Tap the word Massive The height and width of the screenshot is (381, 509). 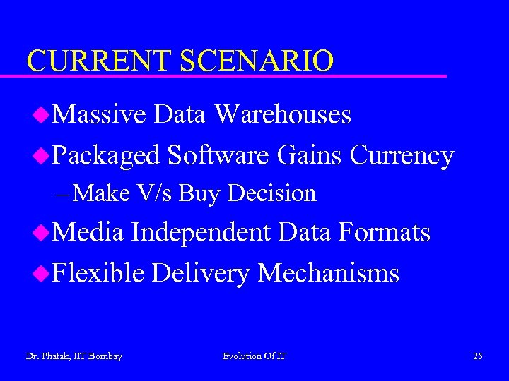[x=99, y=114]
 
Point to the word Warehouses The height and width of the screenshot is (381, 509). [x=282, y=114]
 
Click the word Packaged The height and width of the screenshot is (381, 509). [x=107, y=155]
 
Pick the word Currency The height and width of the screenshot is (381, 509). [x=402, y=155]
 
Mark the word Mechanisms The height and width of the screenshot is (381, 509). [x=328, y=272]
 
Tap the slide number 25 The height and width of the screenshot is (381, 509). [x=478, y=356]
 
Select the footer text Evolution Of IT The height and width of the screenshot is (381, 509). [x=255, y=356]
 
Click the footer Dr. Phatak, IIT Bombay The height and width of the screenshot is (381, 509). [x=74, y=356]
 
